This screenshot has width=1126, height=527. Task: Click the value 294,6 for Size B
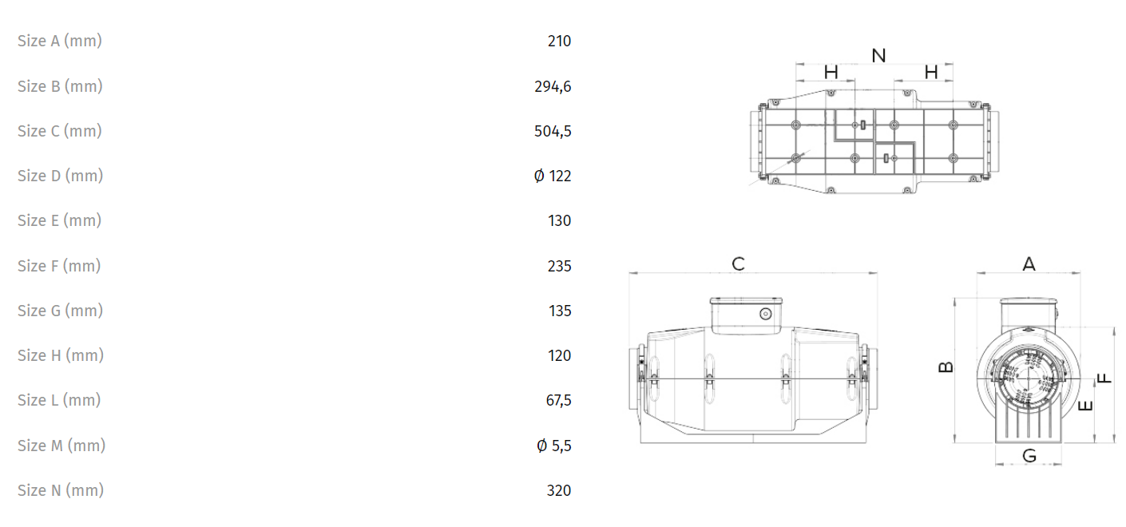coord(553,86)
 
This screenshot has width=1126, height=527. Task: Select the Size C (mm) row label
coord(60,131)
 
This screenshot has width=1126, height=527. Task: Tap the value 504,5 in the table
coord(553,131)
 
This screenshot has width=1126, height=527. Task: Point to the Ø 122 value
coord(553,176)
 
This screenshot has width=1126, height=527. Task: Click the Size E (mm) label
coord(59,220)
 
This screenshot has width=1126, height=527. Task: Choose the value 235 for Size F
coord(560,266)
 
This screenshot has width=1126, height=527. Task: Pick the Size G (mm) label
coord(61,311)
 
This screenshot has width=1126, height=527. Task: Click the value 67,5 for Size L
coord(558,400)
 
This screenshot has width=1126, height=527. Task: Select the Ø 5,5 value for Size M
coord(554,446)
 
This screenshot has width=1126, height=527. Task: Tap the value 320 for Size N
coord(559,490)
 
